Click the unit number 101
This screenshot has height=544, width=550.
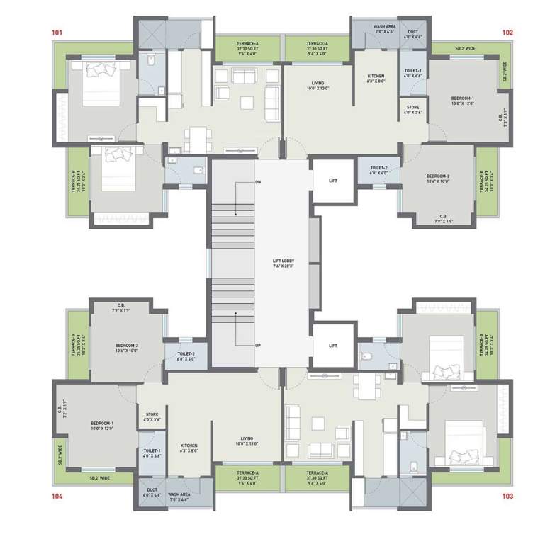coord(57,33)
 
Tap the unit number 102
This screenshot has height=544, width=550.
coord(507,33)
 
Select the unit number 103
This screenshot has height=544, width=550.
coord(507,496)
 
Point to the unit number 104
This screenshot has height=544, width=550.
coord(57,496)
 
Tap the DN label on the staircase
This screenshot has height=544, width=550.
coord(259,183)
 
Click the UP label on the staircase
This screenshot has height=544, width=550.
coord(259,346)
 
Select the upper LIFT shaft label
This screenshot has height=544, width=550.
coord(333,181)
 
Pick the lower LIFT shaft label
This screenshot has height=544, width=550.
coord(333,346)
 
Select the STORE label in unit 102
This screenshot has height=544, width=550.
coord(413,110)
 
